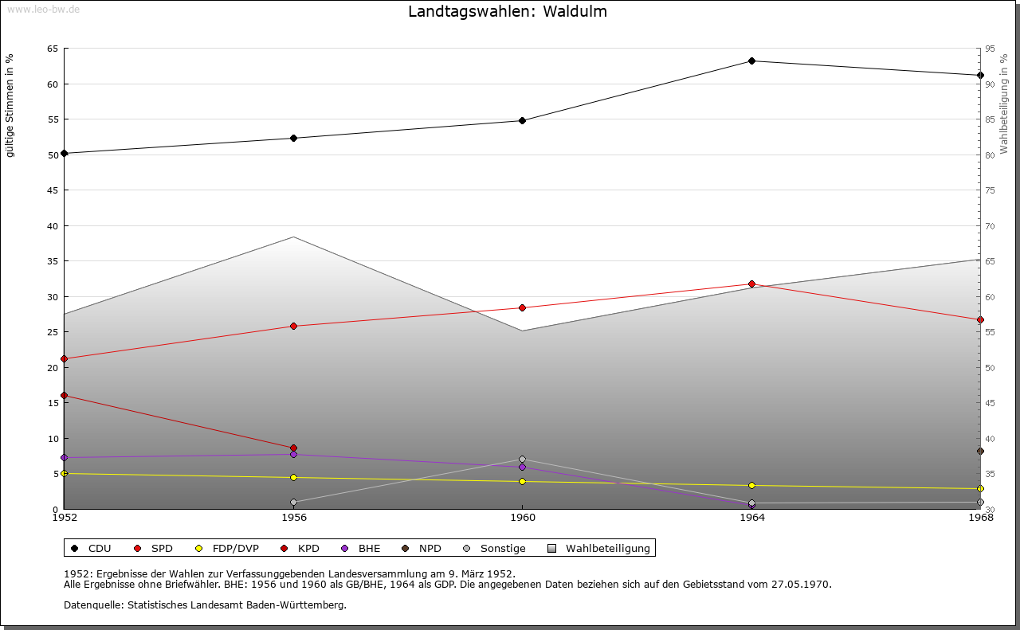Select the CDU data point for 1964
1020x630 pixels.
(x=751, y=61)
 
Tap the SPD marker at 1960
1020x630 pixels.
(x=522, y=307)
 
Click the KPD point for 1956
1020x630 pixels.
(x=293, y=448)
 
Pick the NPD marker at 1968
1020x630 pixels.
(x=980, y=452)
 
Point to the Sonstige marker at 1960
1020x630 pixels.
(x=522, y=459)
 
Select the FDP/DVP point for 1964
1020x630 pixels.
(x=751, y=486)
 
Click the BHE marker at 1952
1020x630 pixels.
(x=65, y=458)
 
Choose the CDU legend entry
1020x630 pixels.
(x=91, y=548)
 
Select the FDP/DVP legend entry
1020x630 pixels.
(x=226, y=548)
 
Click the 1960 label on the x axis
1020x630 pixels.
(x=522, y=518)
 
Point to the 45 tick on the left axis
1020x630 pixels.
(x=53, y=190)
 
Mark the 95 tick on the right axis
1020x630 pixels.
(x=990, y=49)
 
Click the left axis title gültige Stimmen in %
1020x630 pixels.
(x=10, y=105)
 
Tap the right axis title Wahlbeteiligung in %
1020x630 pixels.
(x=1004, y=104)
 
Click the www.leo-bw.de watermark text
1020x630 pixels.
(x=41, y=8)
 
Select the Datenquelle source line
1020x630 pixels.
(x=205, y=605)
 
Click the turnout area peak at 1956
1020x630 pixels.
(x=293, y=237)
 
